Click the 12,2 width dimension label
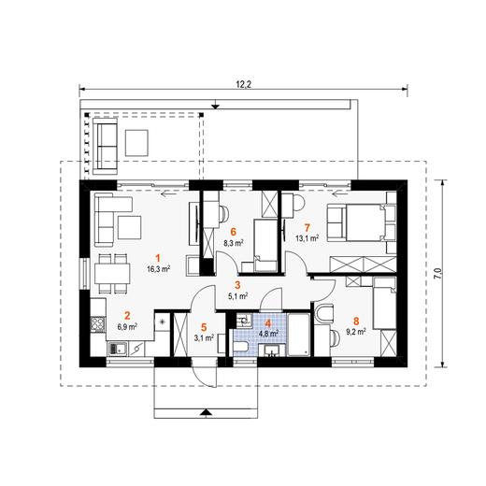[244, 84]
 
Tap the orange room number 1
[158, 258]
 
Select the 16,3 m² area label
[158, 268]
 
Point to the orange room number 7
[307, 228]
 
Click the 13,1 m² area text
[307, 238]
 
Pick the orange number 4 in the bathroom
[267, 323]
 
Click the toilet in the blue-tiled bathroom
[240, 346]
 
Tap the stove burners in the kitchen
[97, 324]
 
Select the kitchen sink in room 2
[117, 349]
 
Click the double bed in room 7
[361, 222]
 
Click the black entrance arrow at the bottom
[206, 413]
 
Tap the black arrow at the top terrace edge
[215, 107]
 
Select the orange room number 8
[356, 321]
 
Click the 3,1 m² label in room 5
[204, 337]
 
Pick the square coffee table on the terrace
[136, 143]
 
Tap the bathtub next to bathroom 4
[298, 335]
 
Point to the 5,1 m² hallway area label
[238, 296]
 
